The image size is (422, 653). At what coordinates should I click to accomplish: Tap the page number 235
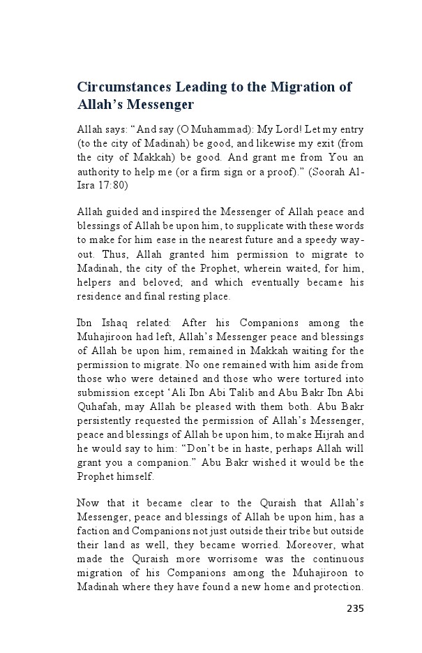(x=355, y=608)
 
